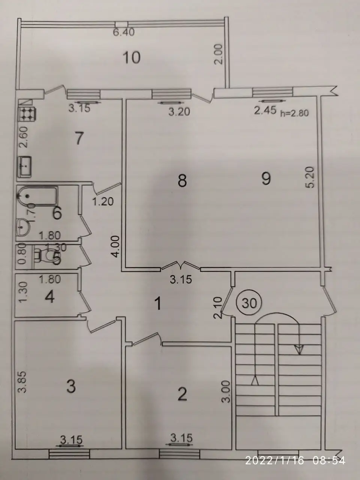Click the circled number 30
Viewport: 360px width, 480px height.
(250, 303)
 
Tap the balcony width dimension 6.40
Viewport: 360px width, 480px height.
(124, 32)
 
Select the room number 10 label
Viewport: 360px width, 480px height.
(131, 58)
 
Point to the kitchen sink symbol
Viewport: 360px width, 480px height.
(25, 167)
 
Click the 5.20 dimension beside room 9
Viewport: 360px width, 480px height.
(310, 177)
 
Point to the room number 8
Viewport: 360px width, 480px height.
(182, 181)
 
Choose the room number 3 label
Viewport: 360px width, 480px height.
(71, 387)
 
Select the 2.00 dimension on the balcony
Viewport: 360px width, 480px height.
(219, 54)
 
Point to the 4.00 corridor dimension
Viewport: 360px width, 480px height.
(116, 246)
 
